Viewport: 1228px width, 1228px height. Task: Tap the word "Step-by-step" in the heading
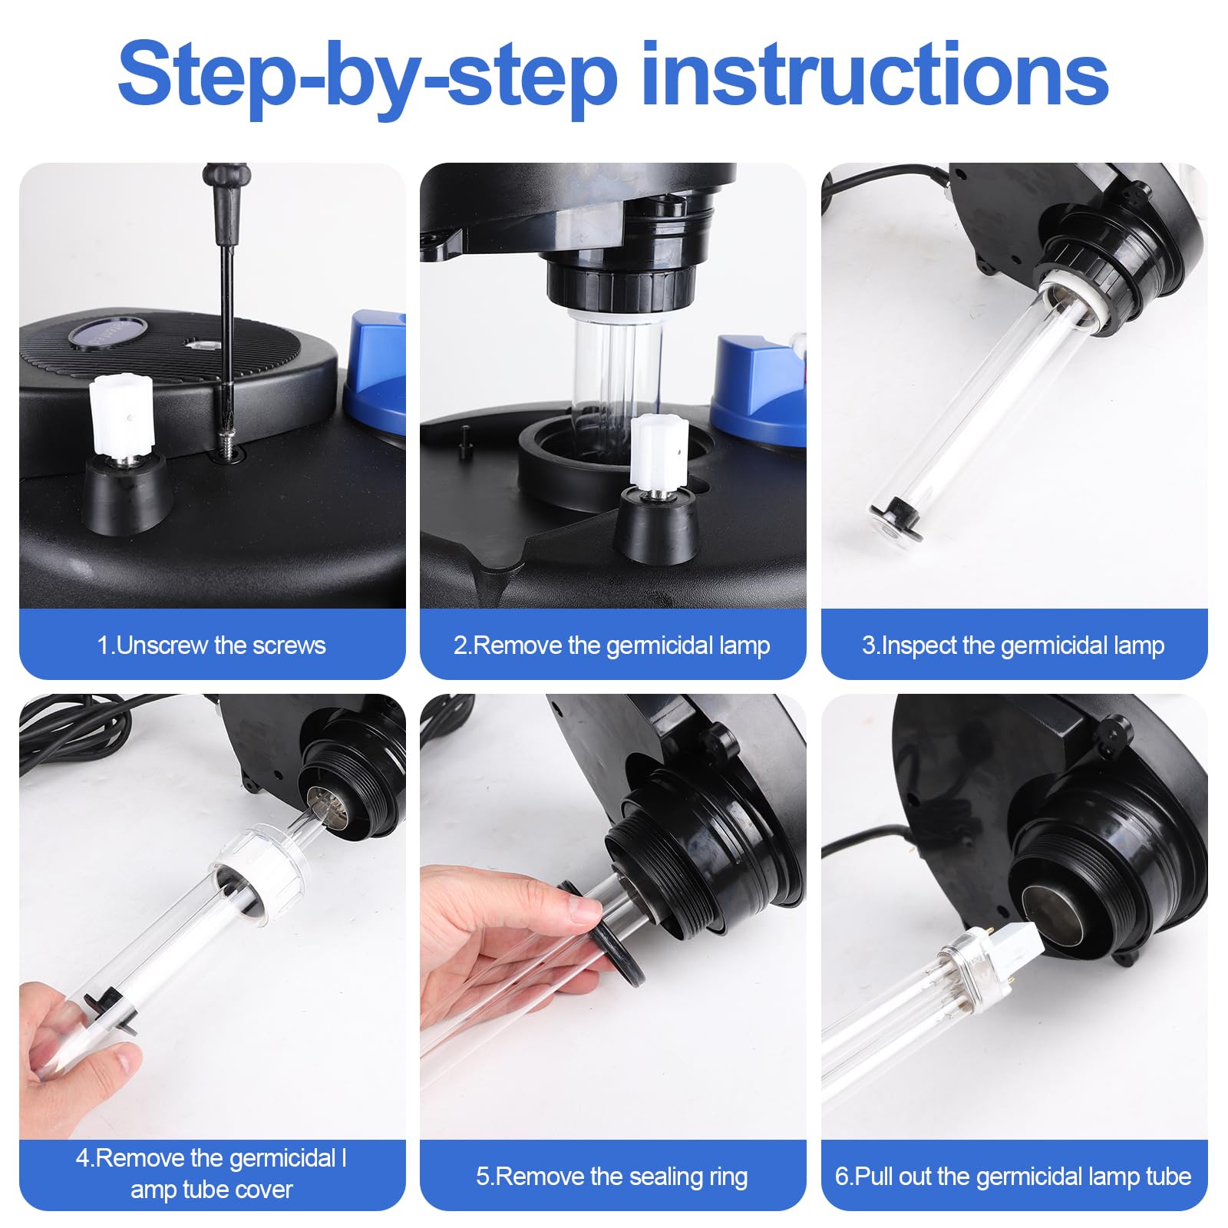pos(368,77)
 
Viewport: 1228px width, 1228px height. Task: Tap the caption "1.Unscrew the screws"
pos(211,645)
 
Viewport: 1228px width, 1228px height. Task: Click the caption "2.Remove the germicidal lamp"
pos(612,645)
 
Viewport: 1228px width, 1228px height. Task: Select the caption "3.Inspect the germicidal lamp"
pos(1013,645)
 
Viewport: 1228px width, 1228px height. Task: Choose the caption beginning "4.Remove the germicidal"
pos(211,1174)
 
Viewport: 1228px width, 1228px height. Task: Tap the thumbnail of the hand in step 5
pos(587,912)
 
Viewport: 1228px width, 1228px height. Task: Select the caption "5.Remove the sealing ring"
pos(612,1177)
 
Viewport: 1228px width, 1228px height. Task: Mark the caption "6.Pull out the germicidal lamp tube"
pos(1013,1177)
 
